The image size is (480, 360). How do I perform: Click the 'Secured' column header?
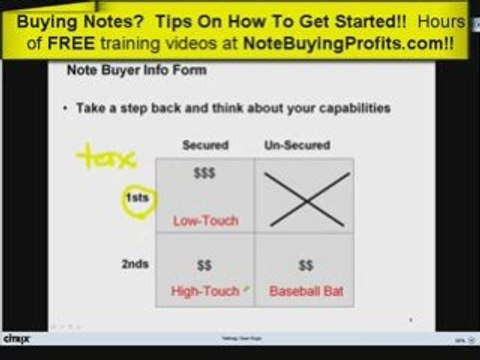[205, 145]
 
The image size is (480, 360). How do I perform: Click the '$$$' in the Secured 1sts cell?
[203, 172]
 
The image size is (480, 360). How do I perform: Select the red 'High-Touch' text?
[205, 291]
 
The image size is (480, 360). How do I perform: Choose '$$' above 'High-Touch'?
[203, 267]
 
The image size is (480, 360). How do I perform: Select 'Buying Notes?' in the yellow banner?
[86, 18]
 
